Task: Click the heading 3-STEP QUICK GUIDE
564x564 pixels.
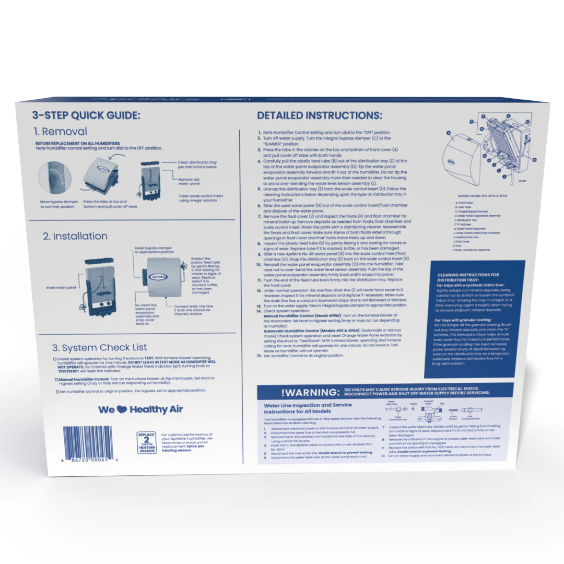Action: (86, 115)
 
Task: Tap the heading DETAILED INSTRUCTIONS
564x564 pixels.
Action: (320, 115)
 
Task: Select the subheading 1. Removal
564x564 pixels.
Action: (61, 132)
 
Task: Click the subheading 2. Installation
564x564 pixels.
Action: (75, 236)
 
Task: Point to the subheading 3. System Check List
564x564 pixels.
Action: (99, 348)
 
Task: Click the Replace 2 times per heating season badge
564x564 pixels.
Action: (146, 443)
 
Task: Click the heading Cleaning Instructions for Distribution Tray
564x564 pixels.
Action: (468, 277)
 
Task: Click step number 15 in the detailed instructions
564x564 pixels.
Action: (259, 356)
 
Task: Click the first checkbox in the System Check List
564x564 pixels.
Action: (55, 359)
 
